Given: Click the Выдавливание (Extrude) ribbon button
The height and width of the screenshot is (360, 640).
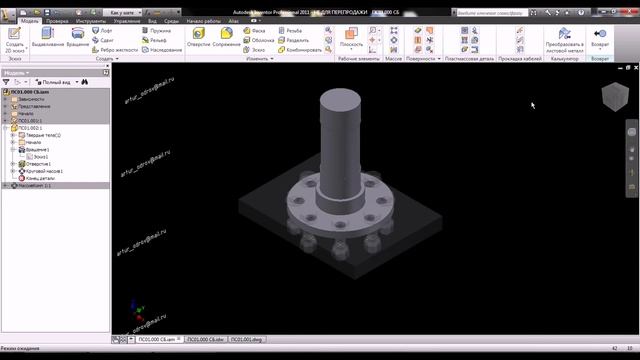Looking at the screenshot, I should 47,37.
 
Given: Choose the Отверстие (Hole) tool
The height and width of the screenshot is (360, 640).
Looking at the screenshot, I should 200,37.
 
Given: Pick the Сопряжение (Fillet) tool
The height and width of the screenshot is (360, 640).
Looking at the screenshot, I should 226,37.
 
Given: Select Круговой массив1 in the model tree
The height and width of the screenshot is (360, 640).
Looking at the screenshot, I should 45,171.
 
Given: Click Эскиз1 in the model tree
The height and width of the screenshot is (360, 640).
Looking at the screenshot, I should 40,157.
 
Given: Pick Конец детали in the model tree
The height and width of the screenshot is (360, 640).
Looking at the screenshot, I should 41,178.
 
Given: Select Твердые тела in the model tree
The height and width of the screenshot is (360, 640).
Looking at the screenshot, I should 43,135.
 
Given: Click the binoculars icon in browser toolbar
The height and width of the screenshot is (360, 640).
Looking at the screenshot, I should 86,82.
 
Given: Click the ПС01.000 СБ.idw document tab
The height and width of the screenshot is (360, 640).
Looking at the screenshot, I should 205,340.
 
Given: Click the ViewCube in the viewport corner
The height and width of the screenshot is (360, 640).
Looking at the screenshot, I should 609,95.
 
